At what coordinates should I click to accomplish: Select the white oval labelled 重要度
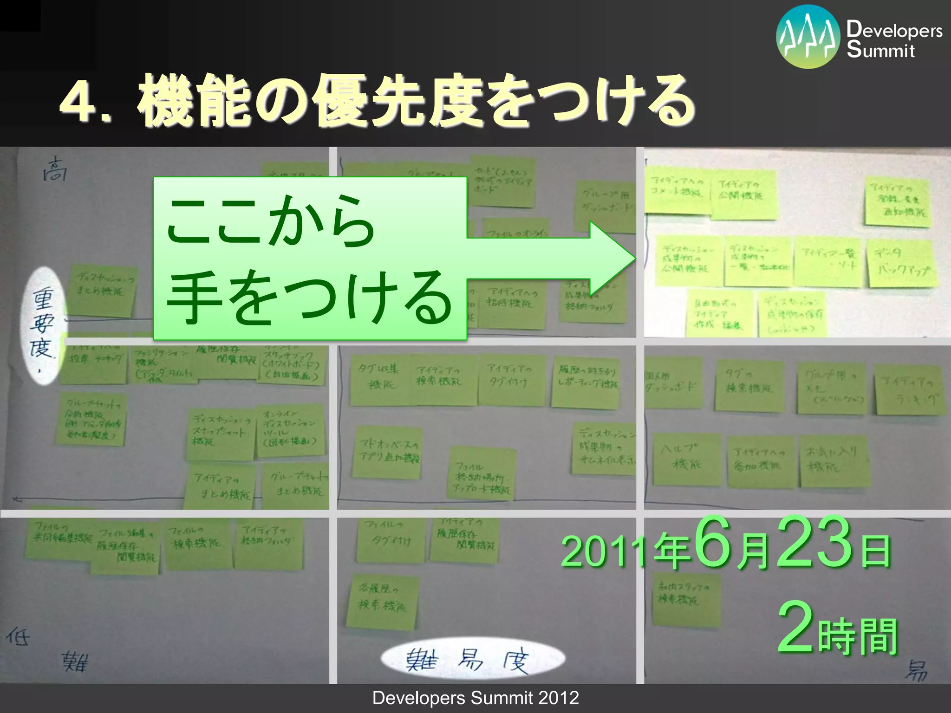point(44,325)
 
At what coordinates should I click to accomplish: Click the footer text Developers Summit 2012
point(475,698)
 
